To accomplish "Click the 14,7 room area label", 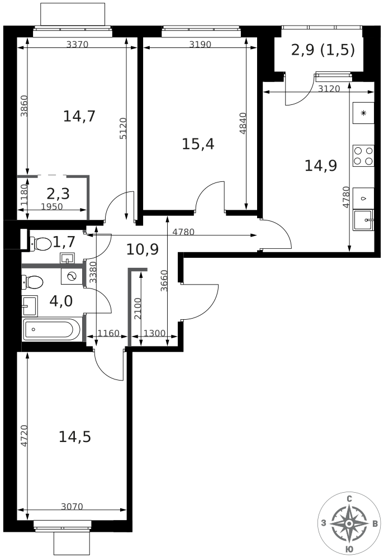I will pos(79,116).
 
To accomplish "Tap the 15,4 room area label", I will pos(198,144).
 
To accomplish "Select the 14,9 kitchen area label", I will pos(320,165).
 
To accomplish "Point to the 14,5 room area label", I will pos(75,437).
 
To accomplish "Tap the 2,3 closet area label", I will pos(58,194).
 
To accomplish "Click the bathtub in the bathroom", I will pos(51,329).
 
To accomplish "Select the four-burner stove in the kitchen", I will pos(363,156).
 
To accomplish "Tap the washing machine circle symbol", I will pos(71,277).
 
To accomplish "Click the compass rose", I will pos(349,523).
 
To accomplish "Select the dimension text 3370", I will pos(77,45).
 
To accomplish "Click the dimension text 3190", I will pos(200,45).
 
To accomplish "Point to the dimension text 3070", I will pos(72,507).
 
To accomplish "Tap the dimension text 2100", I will pos(138,308).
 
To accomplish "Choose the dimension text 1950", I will pos(52,206).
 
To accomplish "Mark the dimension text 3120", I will pos(329,88).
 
